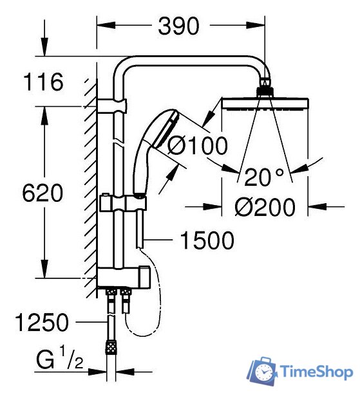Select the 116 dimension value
[44, 82]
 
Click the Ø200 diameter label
[265, 207]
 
